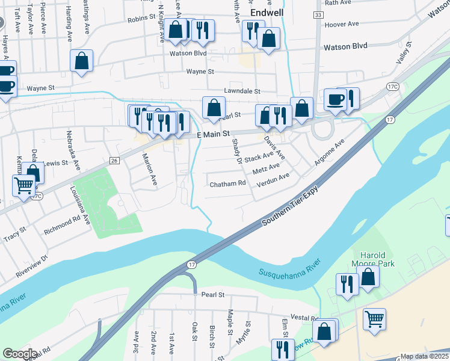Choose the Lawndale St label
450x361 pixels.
pyautogui.click(x=241, y=91)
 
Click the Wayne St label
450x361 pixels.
pyautogui.click(x=200, y=72)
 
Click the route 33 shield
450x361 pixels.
pyautogui.click(x=318, y=14)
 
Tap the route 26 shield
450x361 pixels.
pyautogui.click(x=114, y=160)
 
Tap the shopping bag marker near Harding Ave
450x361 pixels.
pyautogui.click(x=81, y=61)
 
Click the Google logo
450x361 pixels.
pyautogui.click(x=20, y=354)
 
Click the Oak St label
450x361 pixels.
pyautogui.click(x=194, y=330)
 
